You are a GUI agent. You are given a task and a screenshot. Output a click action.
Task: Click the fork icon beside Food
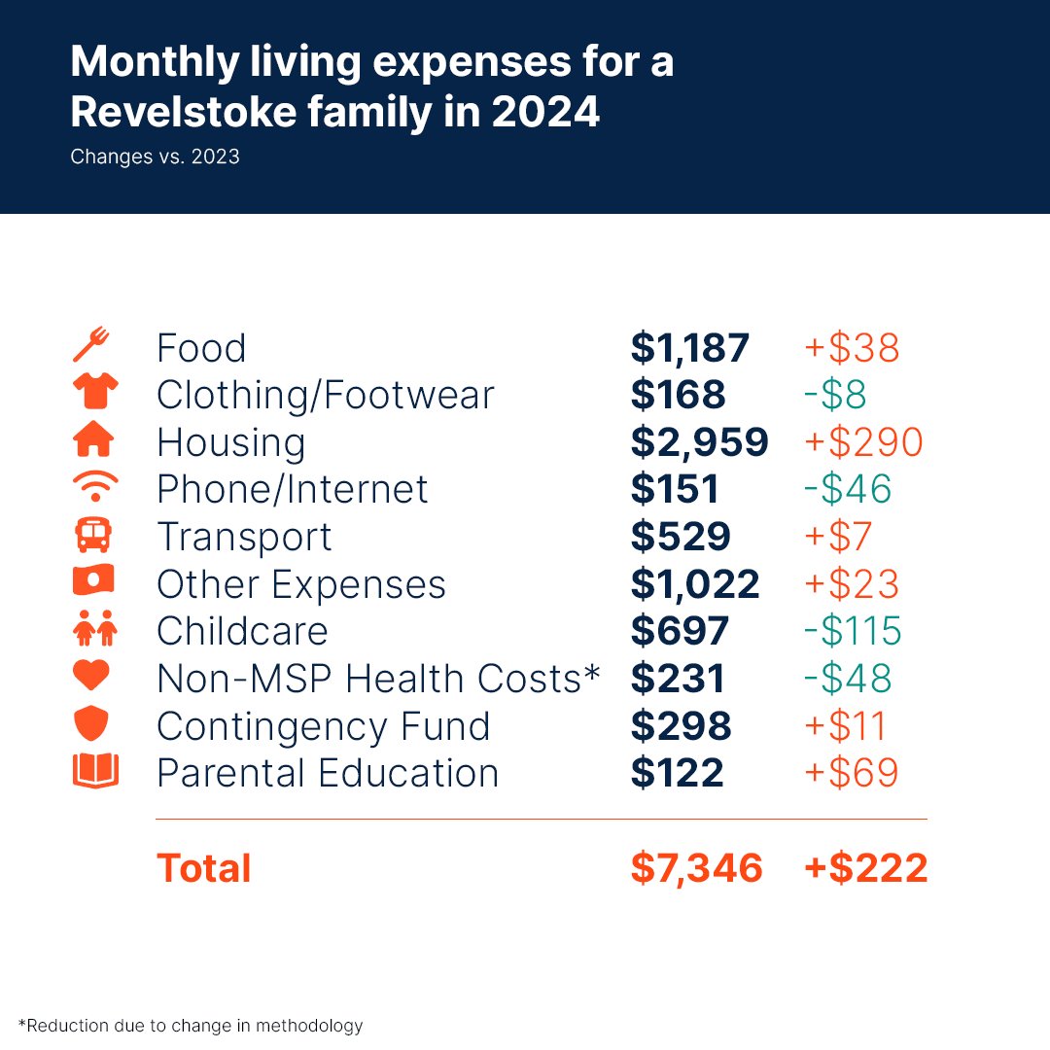pyautogui.click(x=93, y=346)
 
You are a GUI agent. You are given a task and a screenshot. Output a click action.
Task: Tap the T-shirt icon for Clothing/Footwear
pyautogui.click(x=94, y=392)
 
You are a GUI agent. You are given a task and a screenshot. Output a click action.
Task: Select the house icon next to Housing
pyautogui.click(x=94, y=440)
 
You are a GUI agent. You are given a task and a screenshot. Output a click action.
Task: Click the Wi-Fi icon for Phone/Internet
pyautogui.click(x=94, y=486)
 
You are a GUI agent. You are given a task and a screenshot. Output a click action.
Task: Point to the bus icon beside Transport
pyautogui.click(x=94, y=536)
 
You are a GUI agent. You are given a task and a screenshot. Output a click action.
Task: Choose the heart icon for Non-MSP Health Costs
pyautogui.click(x=94, y=677)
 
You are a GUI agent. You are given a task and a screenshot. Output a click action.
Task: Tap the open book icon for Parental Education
pyautogui.click(x=94, y=771)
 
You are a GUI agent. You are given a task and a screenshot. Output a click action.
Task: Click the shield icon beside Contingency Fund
pyautogui.click(x=94, y=724)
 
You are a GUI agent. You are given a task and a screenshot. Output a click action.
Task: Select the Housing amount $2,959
pyautogui.click(x=699, y=441)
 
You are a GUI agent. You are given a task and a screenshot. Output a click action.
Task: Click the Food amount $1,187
pyautogui.click(x=689, y=348)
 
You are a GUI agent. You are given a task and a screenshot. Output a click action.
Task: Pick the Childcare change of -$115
pyautogui.click(x=853, y=631)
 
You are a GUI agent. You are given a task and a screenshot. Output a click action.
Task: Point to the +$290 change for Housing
pyautogui.click(x=862, y=441)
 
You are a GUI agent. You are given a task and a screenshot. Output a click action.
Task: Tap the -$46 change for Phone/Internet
pyautogui.click(x=848, y=489)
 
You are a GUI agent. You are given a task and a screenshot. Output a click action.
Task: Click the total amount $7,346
pyautogui.click(x=696, y=868)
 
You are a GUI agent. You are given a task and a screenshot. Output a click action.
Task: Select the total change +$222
pyautogui.click(x=865, y=868)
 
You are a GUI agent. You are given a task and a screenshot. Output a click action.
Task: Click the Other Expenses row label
pyautogui.click(x=301, y=584)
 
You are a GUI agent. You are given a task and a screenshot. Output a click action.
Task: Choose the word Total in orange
pyautogui.click(x=204, y=868)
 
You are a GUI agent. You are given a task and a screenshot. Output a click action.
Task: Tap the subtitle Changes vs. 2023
pyautogui.click(x=155, y=157)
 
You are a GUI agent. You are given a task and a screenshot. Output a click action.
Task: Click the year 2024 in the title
pyautogui.click(x=545, y=113)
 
